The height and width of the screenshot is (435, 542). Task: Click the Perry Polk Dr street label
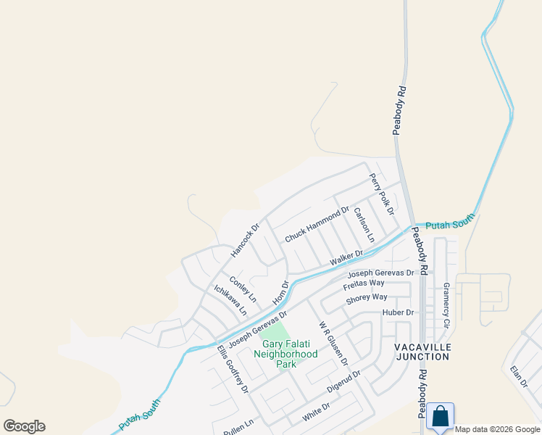tap(380, 194)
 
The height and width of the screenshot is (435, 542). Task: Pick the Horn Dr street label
tap(280, 293)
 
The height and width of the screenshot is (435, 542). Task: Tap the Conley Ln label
tap(243, 289)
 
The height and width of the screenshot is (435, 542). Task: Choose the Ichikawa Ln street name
tap(230, 299)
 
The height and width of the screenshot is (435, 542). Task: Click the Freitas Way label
tap(365, 283)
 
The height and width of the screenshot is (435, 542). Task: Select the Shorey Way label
tap(367, 297)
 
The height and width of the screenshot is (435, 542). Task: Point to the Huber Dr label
tap(399, 312)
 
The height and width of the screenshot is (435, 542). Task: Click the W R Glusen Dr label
tap(333, 343)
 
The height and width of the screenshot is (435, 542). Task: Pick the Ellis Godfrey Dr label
tap(233, 368)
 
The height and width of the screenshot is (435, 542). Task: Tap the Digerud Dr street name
tap(343, 384)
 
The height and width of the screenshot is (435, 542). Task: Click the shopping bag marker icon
tap(440, 417)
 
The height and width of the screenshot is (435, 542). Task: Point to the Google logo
tap(25, 426)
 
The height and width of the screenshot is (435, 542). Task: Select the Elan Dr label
tap(519, 377)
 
